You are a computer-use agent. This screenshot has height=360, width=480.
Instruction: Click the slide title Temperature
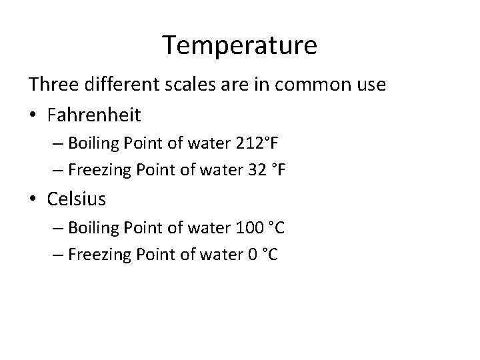tap(240, 45)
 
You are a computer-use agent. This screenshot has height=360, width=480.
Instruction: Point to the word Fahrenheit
tap(94, 115)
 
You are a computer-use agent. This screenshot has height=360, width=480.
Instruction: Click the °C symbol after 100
tap(275, 228)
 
